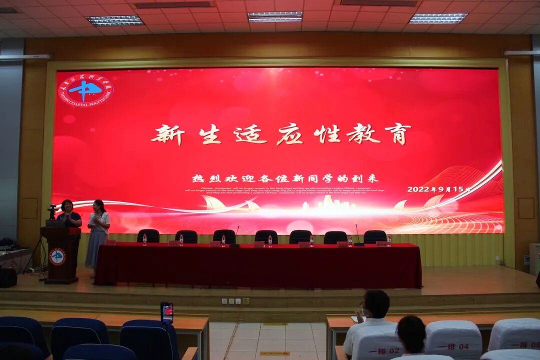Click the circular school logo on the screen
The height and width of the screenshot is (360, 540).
pos(85,90)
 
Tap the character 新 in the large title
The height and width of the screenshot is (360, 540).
pos(167,134)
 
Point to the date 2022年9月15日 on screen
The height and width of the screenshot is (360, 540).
pos(438,189)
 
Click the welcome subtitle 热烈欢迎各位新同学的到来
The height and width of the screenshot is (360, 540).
pos(285,178)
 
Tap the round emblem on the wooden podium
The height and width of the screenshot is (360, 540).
pos(57,256)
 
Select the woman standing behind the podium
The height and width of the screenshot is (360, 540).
pos(68,214)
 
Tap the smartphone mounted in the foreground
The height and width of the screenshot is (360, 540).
pos(167,312)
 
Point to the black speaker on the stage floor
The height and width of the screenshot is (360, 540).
pos(8,277)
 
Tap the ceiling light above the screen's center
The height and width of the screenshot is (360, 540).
pos(275,16)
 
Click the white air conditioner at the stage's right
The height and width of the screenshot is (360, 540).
pos(534,259)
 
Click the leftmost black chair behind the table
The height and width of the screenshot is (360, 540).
pos(148,236)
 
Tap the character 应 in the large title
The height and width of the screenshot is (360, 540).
pos(289,134)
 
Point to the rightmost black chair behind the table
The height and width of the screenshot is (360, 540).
pos(374,236)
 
